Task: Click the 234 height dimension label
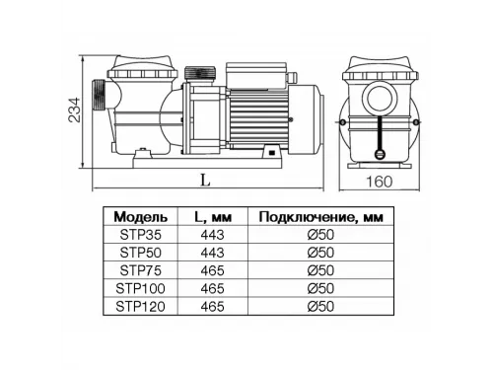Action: point(74,111)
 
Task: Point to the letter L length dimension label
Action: point(205,180)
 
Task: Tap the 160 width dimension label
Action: point(380,182)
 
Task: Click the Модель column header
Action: point(141,217)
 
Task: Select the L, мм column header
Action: point(213,217)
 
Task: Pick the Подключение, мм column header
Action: point(321,217)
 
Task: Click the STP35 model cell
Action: point(141,235)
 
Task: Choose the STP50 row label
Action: point(141,253)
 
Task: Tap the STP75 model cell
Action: point(141,270)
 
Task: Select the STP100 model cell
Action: point(140,288)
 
